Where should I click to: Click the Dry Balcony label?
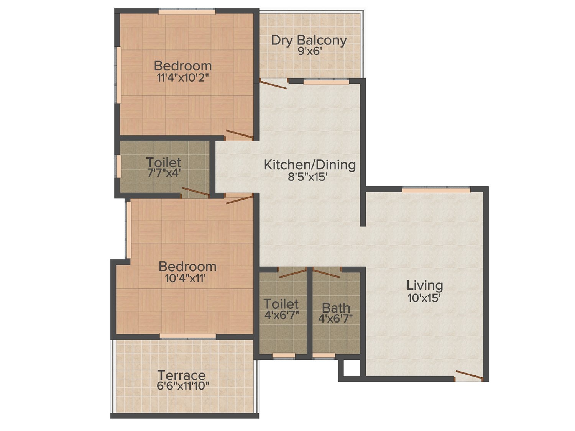pos(309,41)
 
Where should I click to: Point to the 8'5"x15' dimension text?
pos(308,177)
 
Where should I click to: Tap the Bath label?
pos(336,308)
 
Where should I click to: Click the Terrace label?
pos(182,376)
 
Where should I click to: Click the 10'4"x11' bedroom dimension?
pos(185,279)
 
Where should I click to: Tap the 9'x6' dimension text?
pos(309,51)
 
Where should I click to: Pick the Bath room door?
pos(327,272)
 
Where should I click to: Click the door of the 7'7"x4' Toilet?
pos(195,192)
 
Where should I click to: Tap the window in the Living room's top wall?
pos(436,190)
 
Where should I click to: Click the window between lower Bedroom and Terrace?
pos(188,336)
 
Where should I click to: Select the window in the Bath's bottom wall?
pos(324,356)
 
